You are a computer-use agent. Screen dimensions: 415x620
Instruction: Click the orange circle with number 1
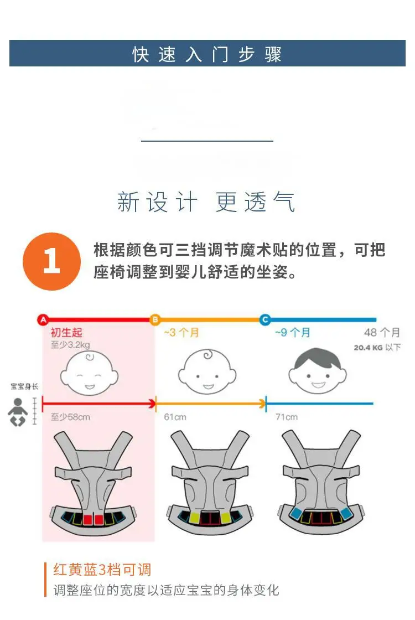point(52,261)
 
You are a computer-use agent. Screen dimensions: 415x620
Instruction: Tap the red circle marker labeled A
point(43,319)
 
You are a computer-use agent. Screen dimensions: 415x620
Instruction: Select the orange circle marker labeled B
point(155,319)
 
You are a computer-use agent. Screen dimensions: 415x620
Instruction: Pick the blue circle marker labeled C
point(265,319)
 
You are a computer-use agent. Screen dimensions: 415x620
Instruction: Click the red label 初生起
point(66,333)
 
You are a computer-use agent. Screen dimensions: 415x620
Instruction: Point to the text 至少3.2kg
point(70,345)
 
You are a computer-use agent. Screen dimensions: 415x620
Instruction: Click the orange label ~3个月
point(181,333)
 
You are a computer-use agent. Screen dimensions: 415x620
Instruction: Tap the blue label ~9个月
point(293,333)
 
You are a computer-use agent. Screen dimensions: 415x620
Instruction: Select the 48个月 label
point(382,333)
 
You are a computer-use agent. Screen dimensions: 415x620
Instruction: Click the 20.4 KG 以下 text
point(377,348)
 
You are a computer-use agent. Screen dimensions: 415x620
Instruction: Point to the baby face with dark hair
point(318,371)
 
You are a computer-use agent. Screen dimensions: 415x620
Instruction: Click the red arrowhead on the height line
point(152,404)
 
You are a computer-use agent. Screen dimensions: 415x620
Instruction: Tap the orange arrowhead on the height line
point(262,404)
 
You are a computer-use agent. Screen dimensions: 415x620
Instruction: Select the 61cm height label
point(175,417)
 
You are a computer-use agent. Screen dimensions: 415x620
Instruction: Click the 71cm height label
point(287,417)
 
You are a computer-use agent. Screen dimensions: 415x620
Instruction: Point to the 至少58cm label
point(70,417)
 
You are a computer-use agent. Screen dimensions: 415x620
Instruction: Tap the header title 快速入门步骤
point(207,54)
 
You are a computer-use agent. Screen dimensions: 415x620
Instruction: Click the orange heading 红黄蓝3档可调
point(102,570)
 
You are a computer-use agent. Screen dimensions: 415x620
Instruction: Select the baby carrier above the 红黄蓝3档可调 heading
point(94,482)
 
